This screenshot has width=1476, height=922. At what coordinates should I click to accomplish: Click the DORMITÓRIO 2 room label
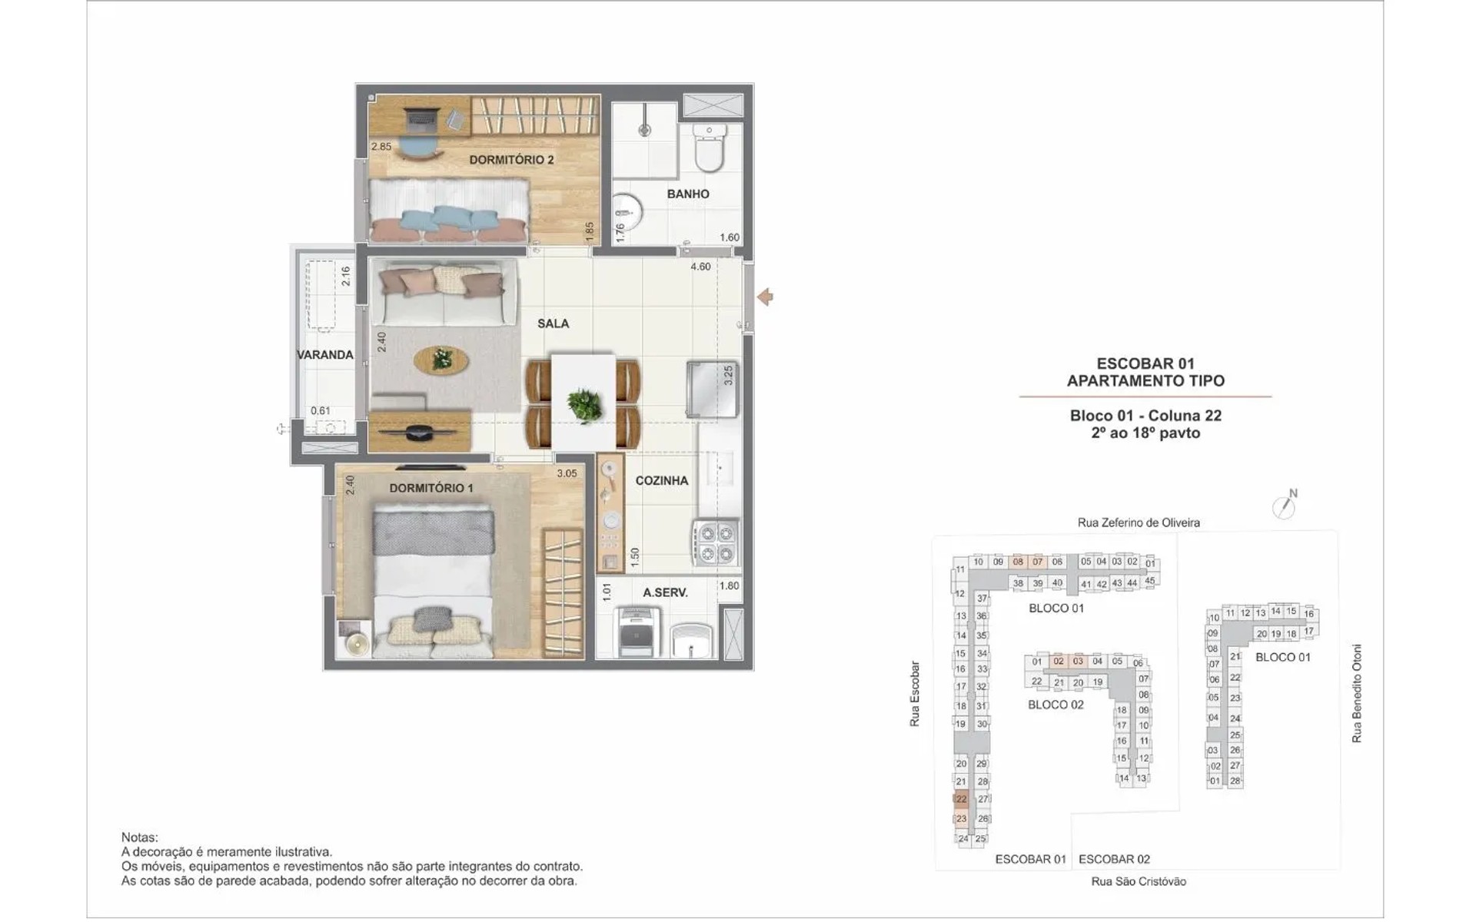(511, 160)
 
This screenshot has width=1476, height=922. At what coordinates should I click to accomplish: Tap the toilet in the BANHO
(709, 148)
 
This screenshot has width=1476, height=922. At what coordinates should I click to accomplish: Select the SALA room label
(553, 323)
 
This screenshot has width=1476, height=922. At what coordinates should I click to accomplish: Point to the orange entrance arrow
(765, 297)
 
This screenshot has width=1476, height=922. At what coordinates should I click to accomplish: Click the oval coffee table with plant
(441, 359)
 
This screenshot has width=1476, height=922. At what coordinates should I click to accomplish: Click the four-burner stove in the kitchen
(716, 542)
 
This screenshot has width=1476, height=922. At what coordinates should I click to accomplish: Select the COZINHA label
(661, 480)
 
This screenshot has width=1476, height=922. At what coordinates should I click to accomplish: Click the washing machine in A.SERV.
(636, 632)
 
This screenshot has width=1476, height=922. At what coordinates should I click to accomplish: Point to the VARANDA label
(325, 355)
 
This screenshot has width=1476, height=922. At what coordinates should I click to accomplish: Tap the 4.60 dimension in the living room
(700, 267)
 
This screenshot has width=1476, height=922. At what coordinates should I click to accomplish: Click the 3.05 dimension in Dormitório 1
(567, 473)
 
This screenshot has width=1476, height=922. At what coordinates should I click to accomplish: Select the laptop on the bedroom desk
(421, 118)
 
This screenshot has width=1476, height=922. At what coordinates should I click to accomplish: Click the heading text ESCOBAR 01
(1145, 363)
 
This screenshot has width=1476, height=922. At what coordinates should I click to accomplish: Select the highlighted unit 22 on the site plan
(961, 799)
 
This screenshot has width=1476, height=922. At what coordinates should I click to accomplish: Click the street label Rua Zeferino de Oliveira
(1139, 522)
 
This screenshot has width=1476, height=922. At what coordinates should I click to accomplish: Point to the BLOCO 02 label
(1055, 705)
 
